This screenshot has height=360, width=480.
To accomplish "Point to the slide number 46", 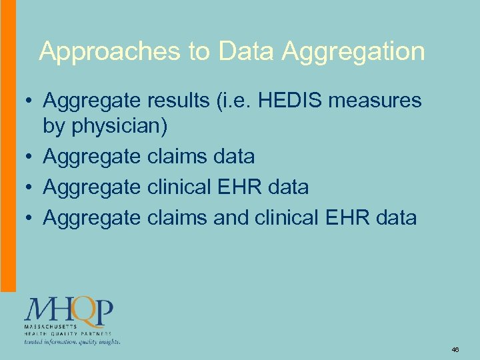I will (x=455, y=349).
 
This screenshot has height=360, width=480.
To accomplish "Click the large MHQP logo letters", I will (x=69, y=309).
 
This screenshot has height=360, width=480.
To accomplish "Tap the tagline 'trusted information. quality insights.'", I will (x=72, y=341).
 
